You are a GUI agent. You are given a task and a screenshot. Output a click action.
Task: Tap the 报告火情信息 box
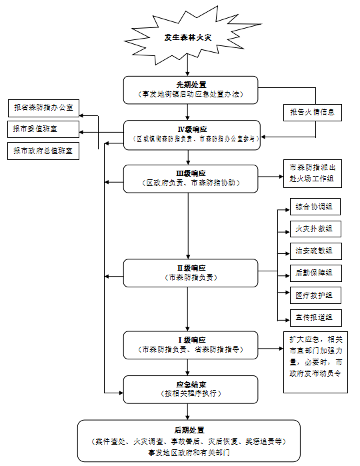click(x=311, y=113)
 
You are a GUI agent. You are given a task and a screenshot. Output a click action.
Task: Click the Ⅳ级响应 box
click(x=191, y=135)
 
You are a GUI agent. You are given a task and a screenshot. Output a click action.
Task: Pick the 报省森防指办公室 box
click(x=43, y=107)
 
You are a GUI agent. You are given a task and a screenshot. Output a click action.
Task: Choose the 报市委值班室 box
click(x=43, y=129)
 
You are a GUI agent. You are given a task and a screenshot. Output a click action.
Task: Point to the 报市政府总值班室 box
click(x=43, y=151)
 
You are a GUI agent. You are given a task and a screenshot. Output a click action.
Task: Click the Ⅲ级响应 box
click(x=191, y=178)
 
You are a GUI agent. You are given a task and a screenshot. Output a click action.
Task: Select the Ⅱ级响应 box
click(x=191, y=273)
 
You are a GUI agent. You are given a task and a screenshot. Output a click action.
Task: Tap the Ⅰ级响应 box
click(x=191, y=344)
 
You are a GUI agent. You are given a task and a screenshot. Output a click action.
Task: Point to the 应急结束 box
click(x=191, y=389)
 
